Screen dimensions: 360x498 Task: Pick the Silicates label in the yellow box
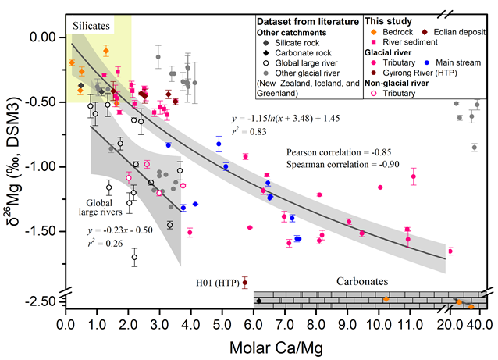tap(92, 26)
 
